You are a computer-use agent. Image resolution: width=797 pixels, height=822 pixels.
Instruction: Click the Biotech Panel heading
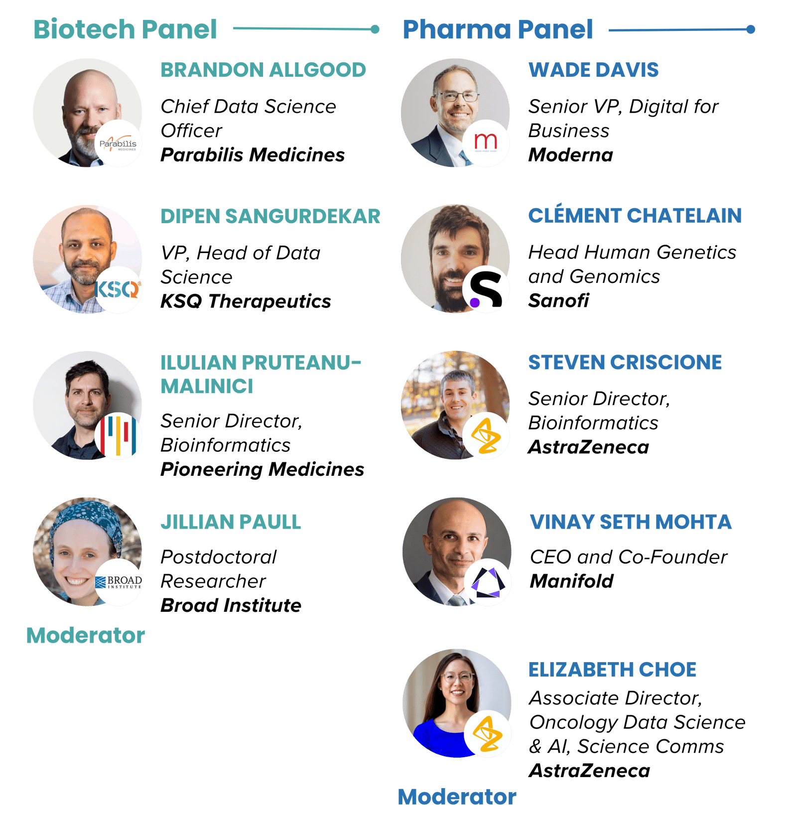tap(125, 29)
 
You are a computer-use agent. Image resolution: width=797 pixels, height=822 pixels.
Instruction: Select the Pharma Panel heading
tap(498, 29)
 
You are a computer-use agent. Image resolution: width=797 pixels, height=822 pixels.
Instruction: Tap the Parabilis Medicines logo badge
tap(118, 143)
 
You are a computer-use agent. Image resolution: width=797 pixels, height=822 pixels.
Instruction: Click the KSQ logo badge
tap(118, 289)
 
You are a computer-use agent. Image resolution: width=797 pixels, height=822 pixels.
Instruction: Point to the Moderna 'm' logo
tap(486, 143)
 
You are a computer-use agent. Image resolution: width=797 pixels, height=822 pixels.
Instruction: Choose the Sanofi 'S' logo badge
tap(486, 289)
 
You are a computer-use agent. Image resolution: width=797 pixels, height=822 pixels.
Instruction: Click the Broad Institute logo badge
tap(119, 582)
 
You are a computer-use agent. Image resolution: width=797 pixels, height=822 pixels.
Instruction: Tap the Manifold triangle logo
tap(488, 582)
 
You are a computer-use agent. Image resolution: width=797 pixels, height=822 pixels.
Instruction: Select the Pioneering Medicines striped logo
tap(118, 435)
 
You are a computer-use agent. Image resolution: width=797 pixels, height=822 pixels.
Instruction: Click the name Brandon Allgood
tap(263, 70)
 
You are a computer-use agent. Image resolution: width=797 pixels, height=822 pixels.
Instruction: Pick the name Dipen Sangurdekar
tap(270, 217)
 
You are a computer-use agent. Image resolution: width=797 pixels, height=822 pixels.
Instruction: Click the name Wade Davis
tap(593, 70)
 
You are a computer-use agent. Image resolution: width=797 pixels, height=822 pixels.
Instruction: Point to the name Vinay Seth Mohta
tap(630, 522)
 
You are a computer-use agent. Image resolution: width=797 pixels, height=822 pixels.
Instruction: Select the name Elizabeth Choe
tap(612, 670)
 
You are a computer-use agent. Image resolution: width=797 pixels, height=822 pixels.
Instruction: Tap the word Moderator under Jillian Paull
tap(85, 636)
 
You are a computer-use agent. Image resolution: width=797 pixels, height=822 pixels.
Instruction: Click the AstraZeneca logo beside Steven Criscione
tap(486, 435)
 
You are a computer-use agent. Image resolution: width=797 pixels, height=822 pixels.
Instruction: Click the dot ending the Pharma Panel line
tap(751, 29)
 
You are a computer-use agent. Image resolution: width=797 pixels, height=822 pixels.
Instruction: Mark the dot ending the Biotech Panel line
tap(375, 29)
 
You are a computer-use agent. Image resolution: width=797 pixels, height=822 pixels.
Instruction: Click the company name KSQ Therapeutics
tap(246, 301)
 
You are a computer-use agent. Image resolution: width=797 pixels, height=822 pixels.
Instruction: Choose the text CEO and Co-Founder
tap(628, 557)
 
